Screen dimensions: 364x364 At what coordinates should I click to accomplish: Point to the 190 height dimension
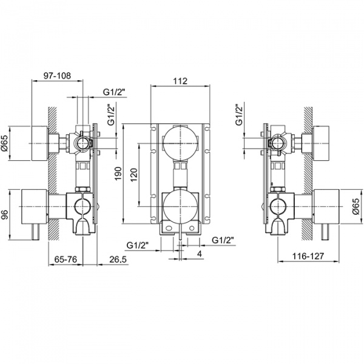[x=118, y=174]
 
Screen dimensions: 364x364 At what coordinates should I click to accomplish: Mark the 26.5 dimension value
[x=118, y=259]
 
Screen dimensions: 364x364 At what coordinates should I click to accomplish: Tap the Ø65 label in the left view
[x=5, y=143]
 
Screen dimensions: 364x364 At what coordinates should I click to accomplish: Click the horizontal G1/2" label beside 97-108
[x=113, y=92]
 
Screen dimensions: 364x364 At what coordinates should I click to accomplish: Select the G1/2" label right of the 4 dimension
[x=223, y=241]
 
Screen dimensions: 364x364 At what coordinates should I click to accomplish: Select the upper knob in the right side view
[x=323, y=143]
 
